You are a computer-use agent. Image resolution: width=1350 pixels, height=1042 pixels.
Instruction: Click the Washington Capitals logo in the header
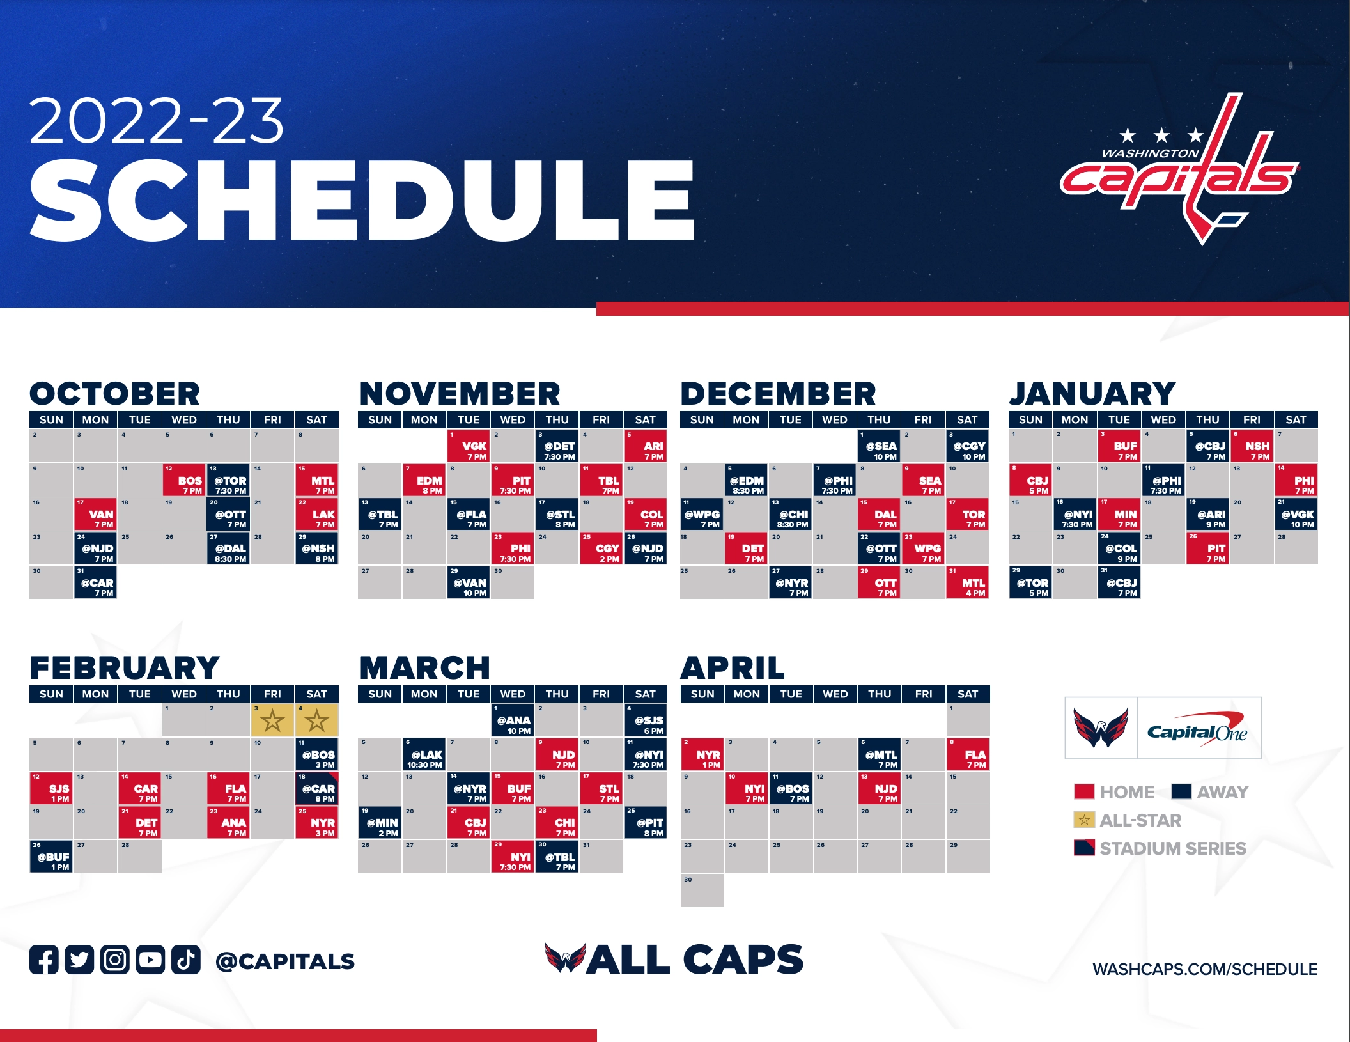1179,169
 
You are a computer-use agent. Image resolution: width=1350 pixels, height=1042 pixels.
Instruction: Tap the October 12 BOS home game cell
184,481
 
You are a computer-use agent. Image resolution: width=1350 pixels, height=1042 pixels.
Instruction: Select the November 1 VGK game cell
469,446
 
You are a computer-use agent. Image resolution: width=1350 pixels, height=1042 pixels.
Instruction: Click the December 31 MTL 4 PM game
968,583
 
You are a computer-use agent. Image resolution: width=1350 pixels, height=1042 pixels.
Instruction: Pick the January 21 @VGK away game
1296,515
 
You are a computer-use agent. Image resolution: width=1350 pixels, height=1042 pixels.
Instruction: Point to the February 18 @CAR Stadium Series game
317,789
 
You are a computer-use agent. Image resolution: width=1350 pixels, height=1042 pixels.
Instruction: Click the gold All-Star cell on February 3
273,720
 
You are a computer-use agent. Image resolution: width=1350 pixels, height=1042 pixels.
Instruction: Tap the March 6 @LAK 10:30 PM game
424,755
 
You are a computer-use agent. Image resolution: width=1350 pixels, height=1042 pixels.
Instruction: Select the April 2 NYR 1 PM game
702,755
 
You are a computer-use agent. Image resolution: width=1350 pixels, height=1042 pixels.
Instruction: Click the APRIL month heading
733,668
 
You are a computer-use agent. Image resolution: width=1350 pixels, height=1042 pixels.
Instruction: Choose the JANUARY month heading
1092,394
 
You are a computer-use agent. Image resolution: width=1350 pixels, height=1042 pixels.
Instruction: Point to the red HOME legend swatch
1084,792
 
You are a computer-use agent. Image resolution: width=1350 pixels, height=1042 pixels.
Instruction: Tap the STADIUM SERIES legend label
1173,848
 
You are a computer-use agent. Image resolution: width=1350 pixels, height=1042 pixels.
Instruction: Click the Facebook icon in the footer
44,960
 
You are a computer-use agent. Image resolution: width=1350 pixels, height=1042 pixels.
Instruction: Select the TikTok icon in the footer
185,960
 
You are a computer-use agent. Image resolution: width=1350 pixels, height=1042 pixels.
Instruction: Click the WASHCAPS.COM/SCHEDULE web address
1205,969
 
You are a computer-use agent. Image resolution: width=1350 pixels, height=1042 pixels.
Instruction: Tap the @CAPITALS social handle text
285,961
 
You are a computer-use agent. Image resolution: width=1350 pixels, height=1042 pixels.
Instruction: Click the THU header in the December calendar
879,420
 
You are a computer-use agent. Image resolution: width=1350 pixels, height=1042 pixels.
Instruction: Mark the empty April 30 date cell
702,890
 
